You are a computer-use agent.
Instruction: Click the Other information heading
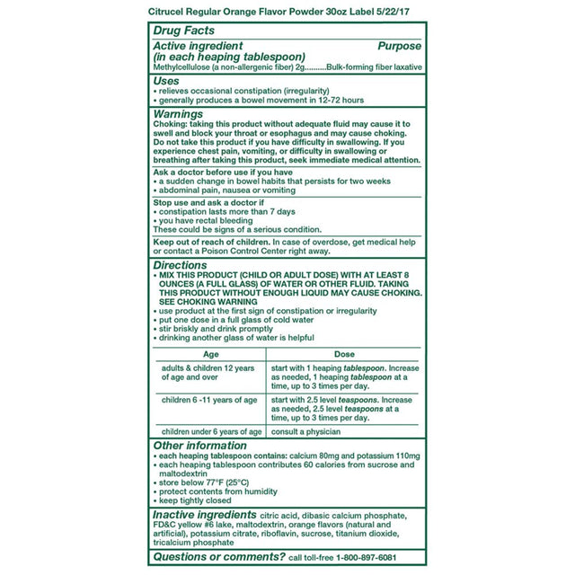[212, 446]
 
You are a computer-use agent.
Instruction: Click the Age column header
[208, 354]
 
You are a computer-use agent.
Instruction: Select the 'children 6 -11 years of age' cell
[208, 399]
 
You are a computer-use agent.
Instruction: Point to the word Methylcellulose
[183, 67]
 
